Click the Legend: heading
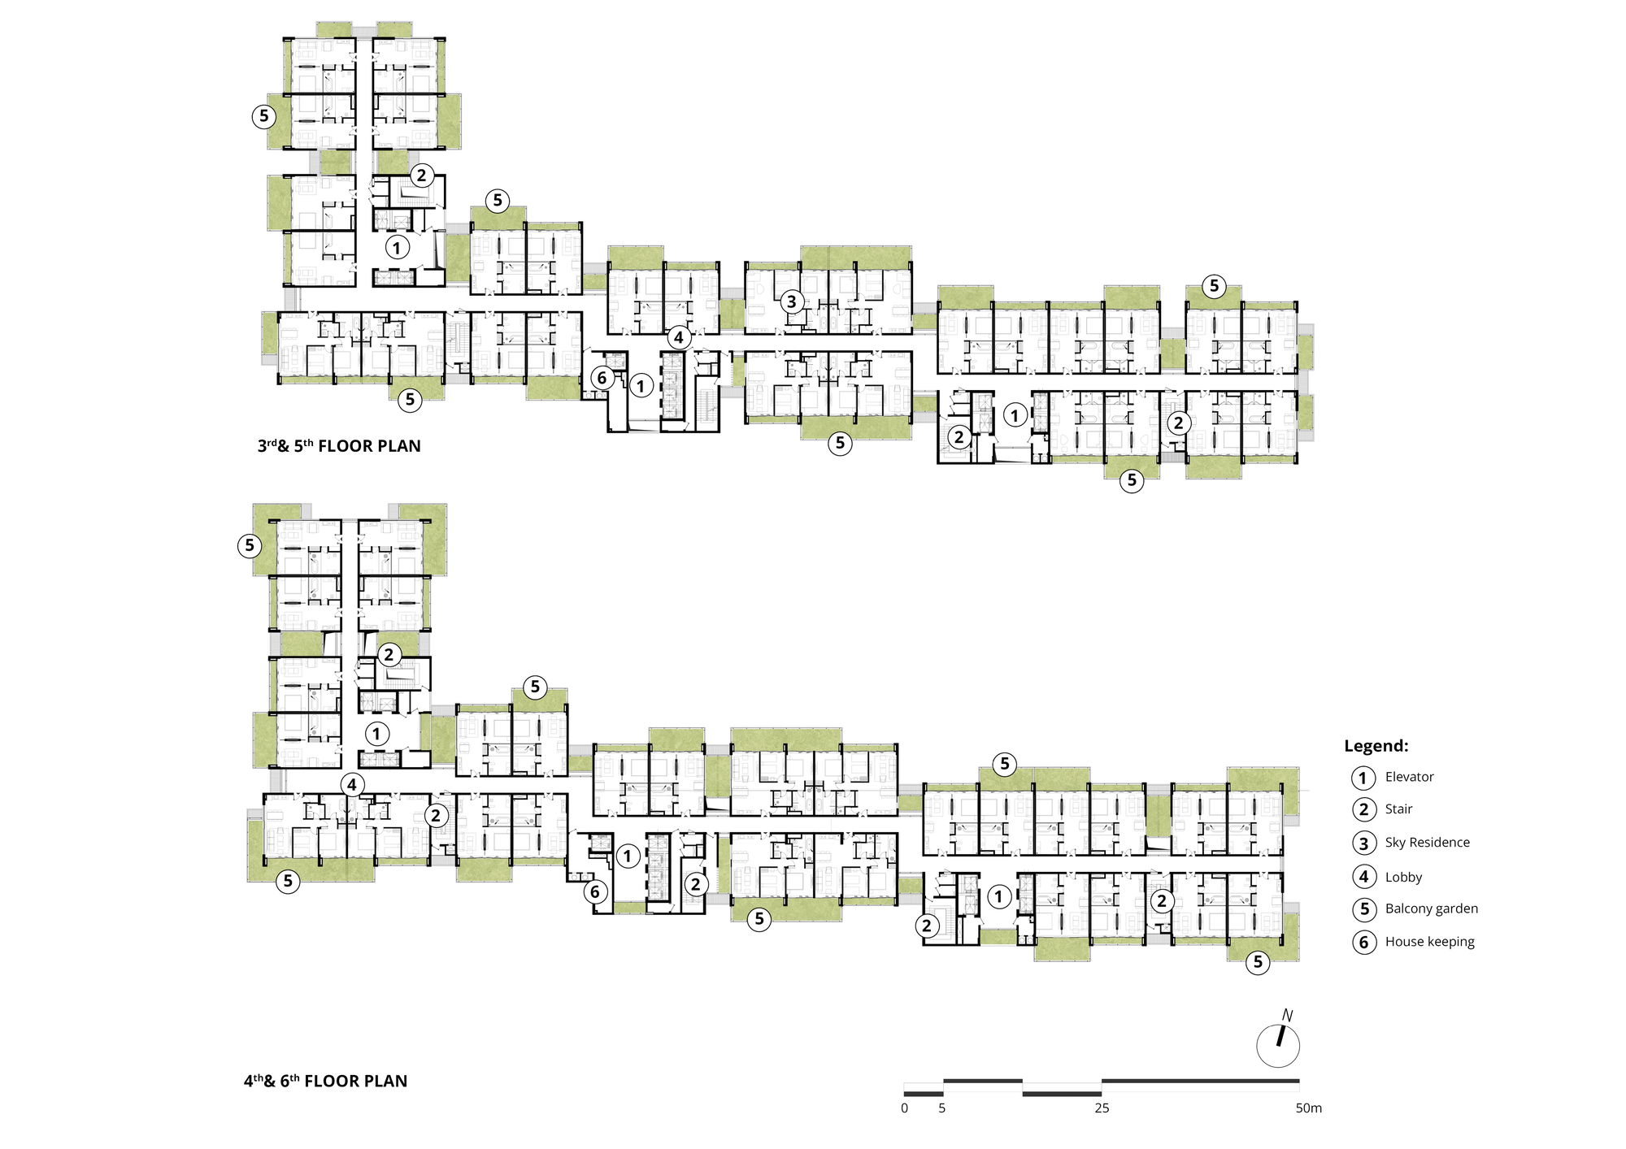[1376, 746]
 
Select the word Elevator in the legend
[1409, 777]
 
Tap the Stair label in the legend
[1398, 809]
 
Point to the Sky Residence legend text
[1427, 843]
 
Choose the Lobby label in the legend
[1403, 877]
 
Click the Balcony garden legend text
[1431, 908]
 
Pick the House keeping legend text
[1429, 942]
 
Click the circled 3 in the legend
[1364, 843]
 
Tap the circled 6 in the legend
[1364, 943]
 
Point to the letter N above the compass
[1287, 1016]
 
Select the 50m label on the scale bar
[1308, 1108]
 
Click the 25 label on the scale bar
[1102, 1108]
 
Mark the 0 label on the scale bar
[905, 1108]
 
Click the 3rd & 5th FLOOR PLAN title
[339, 445]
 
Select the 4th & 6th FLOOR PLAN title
[325, 1081]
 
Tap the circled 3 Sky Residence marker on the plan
[792, 302]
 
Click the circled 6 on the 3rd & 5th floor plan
[602, 378]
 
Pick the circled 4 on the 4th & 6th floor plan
[352, 785]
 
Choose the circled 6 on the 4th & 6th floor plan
[595, 892]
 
